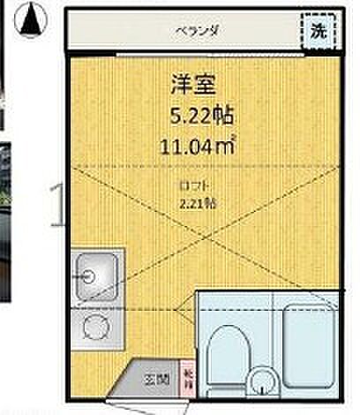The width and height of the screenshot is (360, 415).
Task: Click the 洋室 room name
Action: (x=195, y=85)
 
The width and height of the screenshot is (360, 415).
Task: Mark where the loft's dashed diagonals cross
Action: (x=204, y=227)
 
